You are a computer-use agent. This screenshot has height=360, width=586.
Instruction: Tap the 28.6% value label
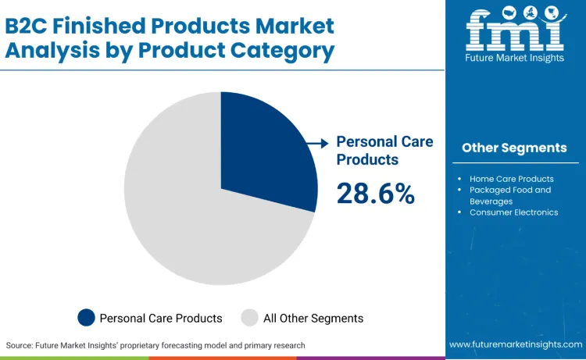[x=375, y=193]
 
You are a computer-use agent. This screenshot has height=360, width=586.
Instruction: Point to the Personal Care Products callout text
[x=384, y=150]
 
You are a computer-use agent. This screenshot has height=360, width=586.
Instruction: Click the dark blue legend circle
[x=86, y=318]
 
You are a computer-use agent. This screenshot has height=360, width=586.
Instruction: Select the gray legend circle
[x=249, y=318]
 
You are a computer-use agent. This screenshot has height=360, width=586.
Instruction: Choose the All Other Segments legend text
[x=313, y=318]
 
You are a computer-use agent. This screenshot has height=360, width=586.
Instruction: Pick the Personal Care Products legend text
[x=160, y=318]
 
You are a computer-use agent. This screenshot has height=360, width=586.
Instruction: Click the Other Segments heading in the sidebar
[x=514, y=148]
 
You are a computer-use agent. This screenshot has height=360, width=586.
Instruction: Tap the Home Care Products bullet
[x=511, y=179]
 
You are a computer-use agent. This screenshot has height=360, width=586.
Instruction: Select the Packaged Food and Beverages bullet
[x=509, y=195]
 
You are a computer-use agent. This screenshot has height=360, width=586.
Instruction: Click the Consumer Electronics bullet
[x=513, y=212]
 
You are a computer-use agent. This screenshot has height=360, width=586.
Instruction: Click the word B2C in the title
[x=29, y=25]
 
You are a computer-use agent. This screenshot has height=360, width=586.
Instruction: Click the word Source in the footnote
[x=22, y=344]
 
